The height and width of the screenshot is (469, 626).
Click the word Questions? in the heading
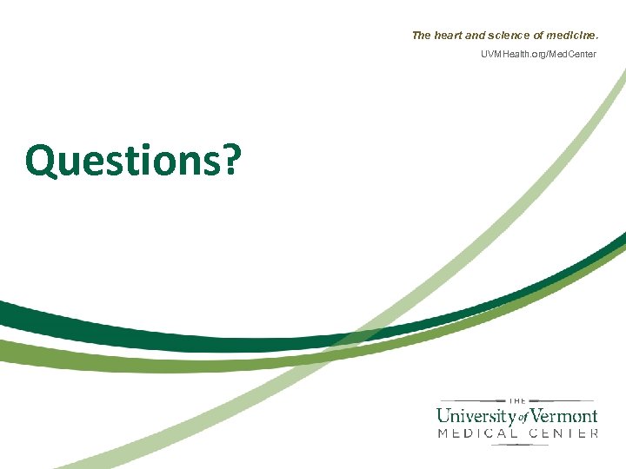(x=132, y=161)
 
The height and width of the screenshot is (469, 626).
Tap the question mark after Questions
(x=230, y=161)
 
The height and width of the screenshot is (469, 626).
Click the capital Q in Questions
(x=41, y=162)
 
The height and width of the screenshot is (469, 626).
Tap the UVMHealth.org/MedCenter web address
(x=539, y=55)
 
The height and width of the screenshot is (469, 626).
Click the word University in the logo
(x=476, y=415)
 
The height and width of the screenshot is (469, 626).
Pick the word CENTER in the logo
(x=564, y=433)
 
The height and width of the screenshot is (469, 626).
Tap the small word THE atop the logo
(x=517, y=400)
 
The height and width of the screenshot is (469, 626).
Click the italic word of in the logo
(x=523, y=418)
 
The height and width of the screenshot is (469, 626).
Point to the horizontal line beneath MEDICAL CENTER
(x=517, y=444)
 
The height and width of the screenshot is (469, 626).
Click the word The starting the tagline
(x=421, y=36)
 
